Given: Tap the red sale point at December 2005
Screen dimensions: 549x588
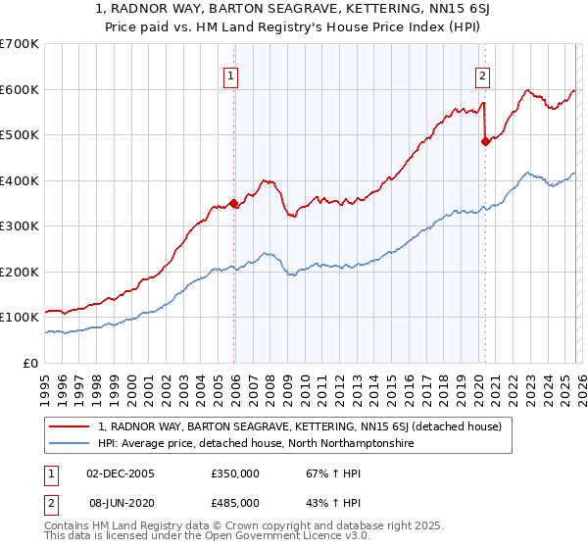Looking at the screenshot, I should (x=233, y=204).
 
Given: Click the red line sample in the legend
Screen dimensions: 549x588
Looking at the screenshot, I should (x=71, y=426).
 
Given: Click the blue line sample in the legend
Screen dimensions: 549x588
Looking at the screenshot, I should (x=71, y=444).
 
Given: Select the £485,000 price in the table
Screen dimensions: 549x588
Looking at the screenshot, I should (x=235, y=503).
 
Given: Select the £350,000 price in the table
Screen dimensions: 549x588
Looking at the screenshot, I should (x=235, y=474).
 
